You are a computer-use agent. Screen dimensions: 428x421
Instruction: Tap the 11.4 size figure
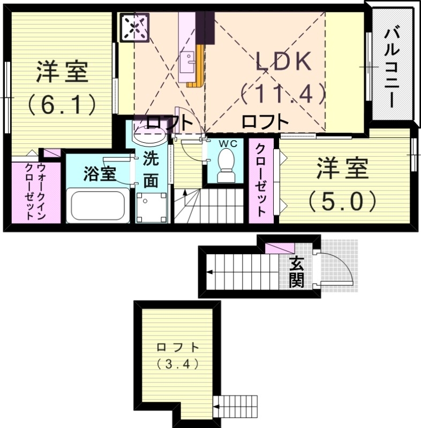[x=283, y=95]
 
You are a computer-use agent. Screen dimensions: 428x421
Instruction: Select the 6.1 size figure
[x=62, y=104]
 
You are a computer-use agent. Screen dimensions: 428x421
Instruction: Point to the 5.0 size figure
[x=343, y=201]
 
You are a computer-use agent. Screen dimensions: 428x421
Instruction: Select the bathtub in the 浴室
[x=97, y=207]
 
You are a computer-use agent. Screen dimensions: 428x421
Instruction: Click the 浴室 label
[x=100, y=173]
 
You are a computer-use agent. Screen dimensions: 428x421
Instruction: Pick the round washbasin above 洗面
[x=148, y=134]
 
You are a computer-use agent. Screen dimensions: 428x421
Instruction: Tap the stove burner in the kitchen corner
[x=134, y=27]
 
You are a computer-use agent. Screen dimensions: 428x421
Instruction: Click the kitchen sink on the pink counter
[x=188, y=60]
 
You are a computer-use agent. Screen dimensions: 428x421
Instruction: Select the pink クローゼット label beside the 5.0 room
[x=261, y=179]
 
